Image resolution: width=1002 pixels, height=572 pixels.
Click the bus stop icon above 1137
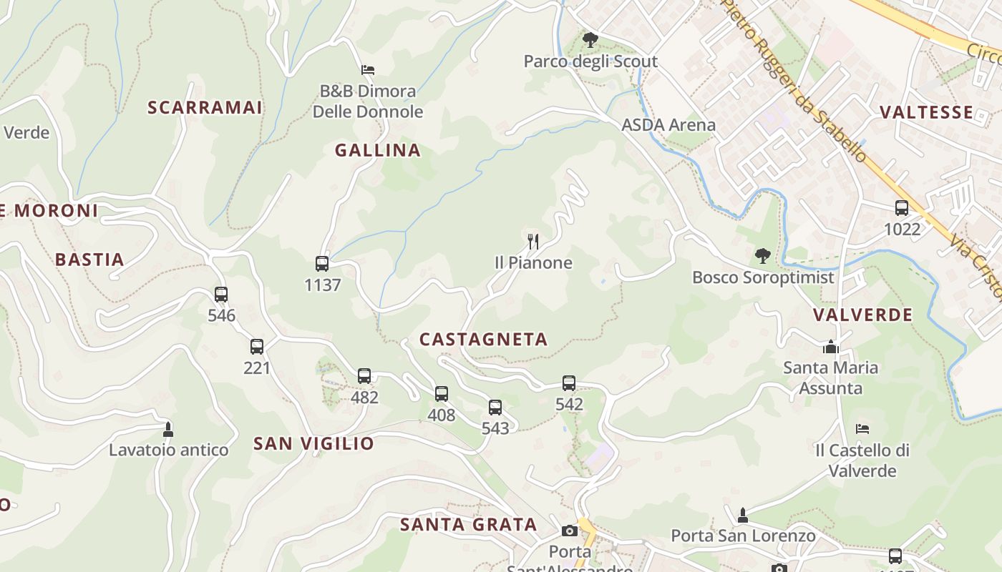[322, 264]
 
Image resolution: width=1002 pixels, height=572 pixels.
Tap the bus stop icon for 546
[221, 294]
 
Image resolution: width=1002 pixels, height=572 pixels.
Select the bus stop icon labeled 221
[257, 347]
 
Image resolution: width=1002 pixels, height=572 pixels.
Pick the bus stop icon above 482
[364, 376]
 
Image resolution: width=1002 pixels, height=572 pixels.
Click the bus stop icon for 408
[442, 393]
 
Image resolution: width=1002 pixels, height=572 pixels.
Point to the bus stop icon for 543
[495, 408]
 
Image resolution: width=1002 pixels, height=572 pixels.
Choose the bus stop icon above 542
[569, 383]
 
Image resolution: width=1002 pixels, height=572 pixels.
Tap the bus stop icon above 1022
[902, 208]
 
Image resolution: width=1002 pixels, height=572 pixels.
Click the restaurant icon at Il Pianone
[533, 241]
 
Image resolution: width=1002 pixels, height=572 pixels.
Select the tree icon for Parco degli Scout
[590, 40]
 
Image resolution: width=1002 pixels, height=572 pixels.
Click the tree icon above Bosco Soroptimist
[763, 255]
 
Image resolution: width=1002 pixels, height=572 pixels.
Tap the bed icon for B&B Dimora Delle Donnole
[368, 70]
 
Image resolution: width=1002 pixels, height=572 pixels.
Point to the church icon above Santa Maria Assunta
[830, 347]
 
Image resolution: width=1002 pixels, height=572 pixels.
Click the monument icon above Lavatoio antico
[168, 429]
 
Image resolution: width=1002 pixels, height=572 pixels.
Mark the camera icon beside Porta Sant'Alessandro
[570, 531]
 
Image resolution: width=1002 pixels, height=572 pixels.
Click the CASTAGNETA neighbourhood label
[483, 340]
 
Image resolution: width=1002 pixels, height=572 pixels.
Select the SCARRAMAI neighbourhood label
[205, 108]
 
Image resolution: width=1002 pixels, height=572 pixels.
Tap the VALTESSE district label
[926, 112]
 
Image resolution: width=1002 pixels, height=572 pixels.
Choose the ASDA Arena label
[668, 125]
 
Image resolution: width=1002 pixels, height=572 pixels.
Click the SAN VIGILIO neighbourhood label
[313, 443]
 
